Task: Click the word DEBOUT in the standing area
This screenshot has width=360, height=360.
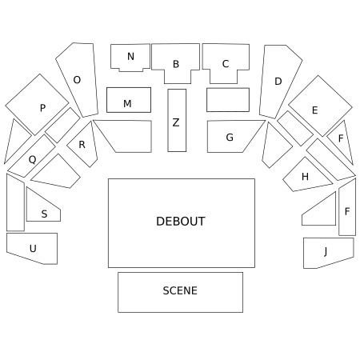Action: [x=181, y=222]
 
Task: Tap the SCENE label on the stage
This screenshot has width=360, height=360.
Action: [x=180, y=290]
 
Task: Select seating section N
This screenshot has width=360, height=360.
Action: [x=130, y=58]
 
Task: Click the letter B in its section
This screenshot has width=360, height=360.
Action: [x=176, y=64]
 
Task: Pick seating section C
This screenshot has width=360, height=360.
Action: [x=226, y=63]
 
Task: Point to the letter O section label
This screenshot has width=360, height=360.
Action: [x=77, y=80]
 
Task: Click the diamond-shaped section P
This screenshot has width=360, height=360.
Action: [x=37, y=105]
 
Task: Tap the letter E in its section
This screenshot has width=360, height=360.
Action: [x=315, y=110]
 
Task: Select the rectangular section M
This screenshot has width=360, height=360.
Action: [x=129, y=100]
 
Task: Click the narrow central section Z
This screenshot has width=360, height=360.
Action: [x=177, y=120]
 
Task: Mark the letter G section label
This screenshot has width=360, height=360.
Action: [x=230, y=138]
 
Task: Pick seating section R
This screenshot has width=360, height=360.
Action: [x=83, y=144]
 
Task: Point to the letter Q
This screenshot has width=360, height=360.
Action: [x=32, y=160]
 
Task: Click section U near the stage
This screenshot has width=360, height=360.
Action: [x=32, y=248]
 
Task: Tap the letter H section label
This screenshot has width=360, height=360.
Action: [x=305, y=177]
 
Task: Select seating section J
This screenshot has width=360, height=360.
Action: [x=328, y=252]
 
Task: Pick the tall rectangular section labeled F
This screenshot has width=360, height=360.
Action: [x=347, y=208]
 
